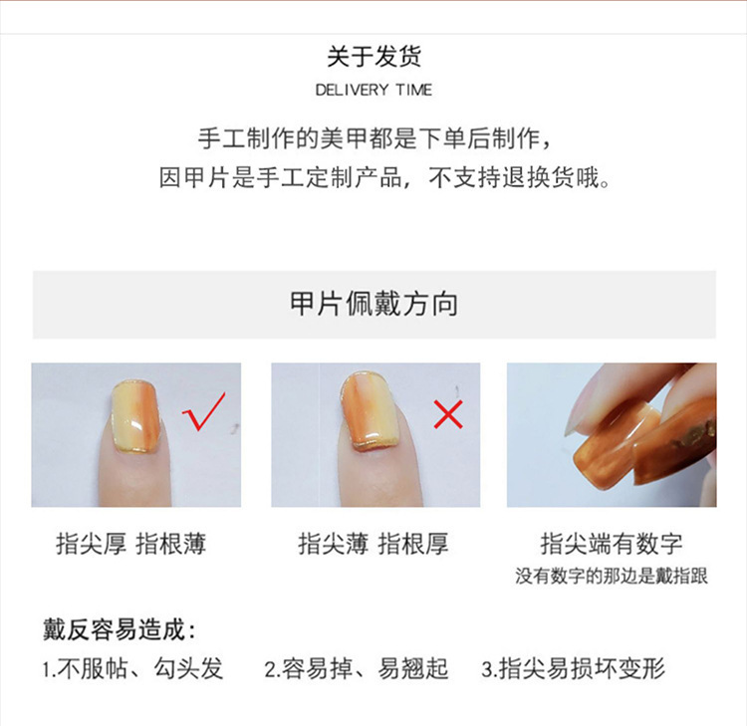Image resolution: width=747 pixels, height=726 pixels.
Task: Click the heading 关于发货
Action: [x=373, y=56]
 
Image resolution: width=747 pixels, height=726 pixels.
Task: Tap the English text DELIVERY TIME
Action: [x=373, y=90]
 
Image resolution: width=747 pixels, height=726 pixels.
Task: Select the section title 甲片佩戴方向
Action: [x=373, y=304]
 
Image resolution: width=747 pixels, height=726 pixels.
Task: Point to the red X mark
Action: [x=448, y=414]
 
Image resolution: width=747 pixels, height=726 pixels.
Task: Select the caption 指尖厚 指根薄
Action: [x=131, y=544]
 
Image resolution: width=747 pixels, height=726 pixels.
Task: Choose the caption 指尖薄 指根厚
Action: [x=373, y=544]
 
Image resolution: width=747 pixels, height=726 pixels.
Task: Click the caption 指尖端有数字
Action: [x=612, y=544]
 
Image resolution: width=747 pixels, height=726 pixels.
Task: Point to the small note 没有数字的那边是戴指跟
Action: [x=612, y=576]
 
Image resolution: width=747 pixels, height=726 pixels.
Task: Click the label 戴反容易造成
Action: [x=120, y=629]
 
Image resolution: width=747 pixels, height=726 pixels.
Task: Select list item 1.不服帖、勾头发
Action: [x=132, y=668]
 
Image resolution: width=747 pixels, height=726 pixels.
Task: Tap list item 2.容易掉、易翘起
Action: [x=357, y=668]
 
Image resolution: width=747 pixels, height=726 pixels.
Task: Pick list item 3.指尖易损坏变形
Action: [x=573, y=668]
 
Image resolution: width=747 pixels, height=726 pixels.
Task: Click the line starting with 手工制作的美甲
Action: [x=374, y=139]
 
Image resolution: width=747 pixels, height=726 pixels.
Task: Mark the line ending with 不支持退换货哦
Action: [x=384, y=177]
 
